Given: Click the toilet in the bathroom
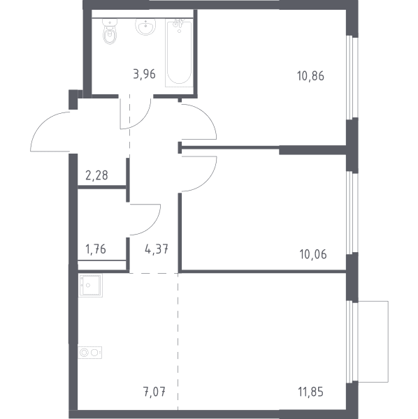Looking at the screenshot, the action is pos(110,31).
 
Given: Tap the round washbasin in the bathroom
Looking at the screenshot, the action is pos(145,27).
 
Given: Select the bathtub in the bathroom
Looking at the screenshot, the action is pos(179,52).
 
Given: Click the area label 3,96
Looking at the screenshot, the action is pos(144,74).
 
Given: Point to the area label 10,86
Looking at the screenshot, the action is pos(310,76).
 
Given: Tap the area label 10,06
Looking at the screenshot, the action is pos(313,254).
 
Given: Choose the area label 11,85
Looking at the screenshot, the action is pos(310,392).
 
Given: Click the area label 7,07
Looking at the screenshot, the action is pos(154,392).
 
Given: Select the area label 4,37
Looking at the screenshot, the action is pos(157,249).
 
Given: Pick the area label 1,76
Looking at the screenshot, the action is pos(96,249).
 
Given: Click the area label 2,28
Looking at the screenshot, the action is pos(96,175).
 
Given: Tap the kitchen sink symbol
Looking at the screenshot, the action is pos(90,285).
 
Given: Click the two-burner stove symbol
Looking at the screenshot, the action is pos(90,353).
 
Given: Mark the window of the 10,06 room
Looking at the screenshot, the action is pos(352,213).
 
